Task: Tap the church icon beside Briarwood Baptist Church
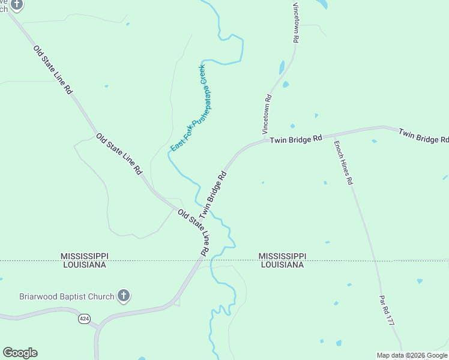click(x=124, y=296)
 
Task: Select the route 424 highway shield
click(x=84, y=319)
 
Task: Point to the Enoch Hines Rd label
click(x=343, y=162)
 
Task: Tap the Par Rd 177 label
click(x=386, y=310)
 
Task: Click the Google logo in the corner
click(x=20, y=353)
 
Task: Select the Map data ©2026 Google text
click(x=412, y=355)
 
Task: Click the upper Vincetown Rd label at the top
click(x=295, y=22)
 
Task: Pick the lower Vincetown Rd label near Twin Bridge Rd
click(x=268, y=113)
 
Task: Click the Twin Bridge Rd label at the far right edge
click(x=424, y=135)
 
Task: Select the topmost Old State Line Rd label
click(x=53, y=70)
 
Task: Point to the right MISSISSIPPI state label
click(x=282, y=256)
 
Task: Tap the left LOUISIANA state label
click(x=83, y=265)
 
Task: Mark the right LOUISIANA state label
click(x=282, y=265)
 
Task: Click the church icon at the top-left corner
click(x=17, y=5)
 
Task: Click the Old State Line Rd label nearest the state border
click(x=193, y=232)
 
